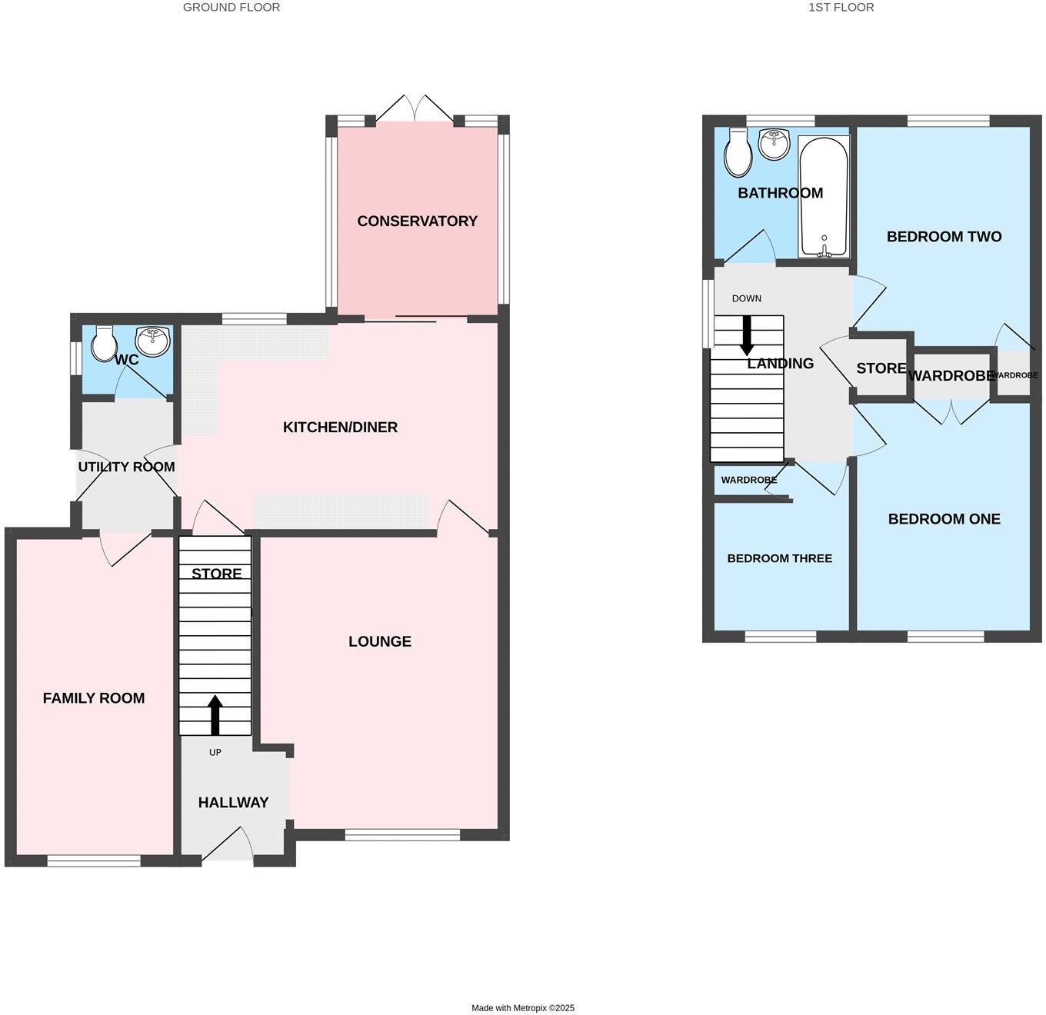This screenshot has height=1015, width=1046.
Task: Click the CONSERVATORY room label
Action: (x=417, y=221)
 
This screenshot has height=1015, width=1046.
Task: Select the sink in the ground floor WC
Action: (x=153, y=341)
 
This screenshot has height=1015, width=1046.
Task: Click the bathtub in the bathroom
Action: (x=824, y=197)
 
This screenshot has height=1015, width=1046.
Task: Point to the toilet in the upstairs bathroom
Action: (x=738, y=152)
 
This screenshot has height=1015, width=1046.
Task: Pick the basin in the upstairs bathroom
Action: (x=774, y=144)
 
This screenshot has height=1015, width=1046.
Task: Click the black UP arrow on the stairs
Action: (x=215, y=715)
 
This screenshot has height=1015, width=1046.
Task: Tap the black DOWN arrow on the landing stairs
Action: (x=745, y=336)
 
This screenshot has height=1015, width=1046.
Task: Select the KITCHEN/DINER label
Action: (x=340, y=428)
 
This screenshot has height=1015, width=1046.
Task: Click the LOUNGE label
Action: (x=380, y=641)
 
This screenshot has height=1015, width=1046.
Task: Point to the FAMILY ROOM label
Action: (x=94, y=698)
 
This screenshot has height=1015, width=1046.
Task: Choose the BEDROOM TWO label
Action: (x=944, y=237)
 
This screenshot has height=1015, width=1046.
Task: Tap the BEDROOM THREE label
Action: (x=779, y=558)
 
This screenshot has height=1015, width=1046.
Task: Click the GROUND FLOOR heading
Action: (x=232, y=8)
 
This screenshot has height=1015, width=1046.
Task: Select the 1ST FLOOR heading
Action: (x=841, y=8)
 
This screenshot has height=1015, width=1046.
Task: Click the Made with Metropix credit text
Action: (x=523, y=1007)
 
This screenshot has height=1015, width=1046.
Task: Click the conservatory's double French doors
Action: (x=415, y=109)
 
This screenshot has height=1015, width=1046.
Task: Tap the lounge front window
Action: (x=402, y=835)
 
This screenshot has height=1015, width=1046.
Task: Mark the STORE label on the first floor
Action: (x=881, y=368)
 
